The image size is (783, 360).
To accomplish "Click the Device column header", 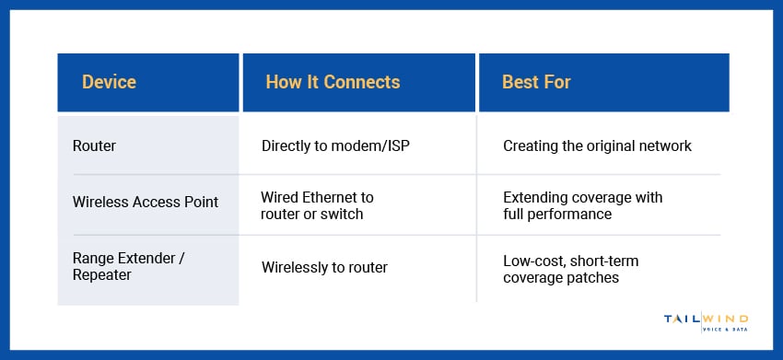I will [x=109, y=83].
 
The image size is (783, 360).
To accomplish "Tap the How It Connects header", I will [x=333, y=83].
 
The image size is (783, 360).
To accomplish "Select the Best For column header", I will [x=536, y=83].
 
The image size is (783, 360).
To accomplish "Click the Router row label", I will [x=93, y=145].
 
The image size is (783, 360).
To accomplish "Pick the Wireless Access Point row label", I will [x=146, y=202].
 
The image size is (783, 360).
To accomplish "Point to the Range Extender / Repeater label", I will [x=129, y=267].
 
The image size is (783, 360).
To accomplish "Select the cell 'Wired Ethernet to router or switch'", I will [x=318, y=206].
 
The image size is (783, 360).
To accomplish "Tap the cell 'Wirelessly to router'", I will [x=324, y=268].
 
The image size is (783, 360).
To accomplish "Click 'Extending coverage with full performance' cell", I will [x=582, y=206].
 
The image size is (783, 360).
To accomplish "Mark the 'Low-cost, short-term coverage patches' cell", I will [x=570, y=270].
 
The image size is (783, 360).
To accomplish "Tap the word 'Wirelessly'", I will [x=297, y=268].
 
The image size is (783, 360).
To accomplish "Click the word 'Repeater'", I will [x=103, y=275].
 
